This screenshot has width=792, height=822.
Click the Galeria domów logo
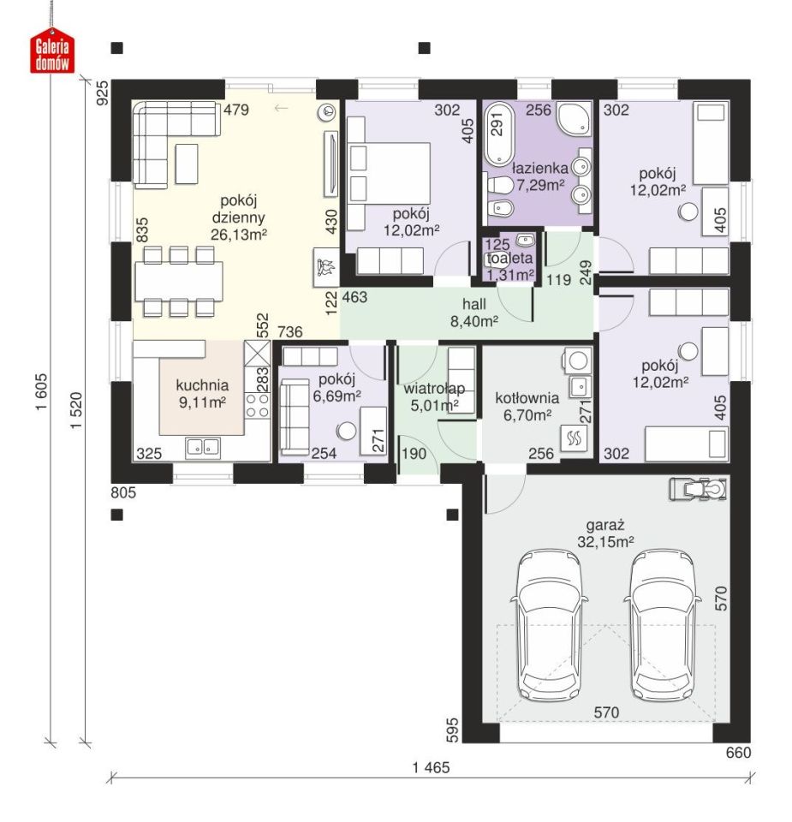52,54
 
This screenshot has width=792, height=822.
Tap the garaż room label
604,525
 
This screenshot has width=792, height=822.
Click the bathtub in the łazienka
499,134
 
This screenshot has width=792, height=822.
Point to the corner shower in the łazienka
574,118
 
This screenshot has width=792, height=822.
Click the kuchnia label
202,385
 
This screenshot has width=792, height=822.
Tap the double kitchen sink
203,448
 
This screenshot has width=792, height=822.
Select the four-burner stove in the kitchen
258,405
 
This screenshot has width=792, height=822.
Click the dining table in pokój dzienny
178,281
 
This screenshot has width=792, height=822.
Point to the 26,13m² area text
239,234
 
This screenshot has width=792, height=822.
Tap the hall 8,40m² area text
473,320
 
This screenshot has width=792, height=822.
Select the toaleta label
509,258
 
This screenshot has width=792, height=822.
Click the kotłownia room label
527,398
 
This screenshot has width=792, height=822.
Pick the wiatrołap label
434,389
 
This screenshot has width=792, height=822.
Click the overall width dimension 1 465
431,767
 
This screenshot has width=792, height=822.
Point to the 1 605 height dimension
41,391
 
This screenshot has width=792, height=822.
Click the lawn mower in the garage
698,489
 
